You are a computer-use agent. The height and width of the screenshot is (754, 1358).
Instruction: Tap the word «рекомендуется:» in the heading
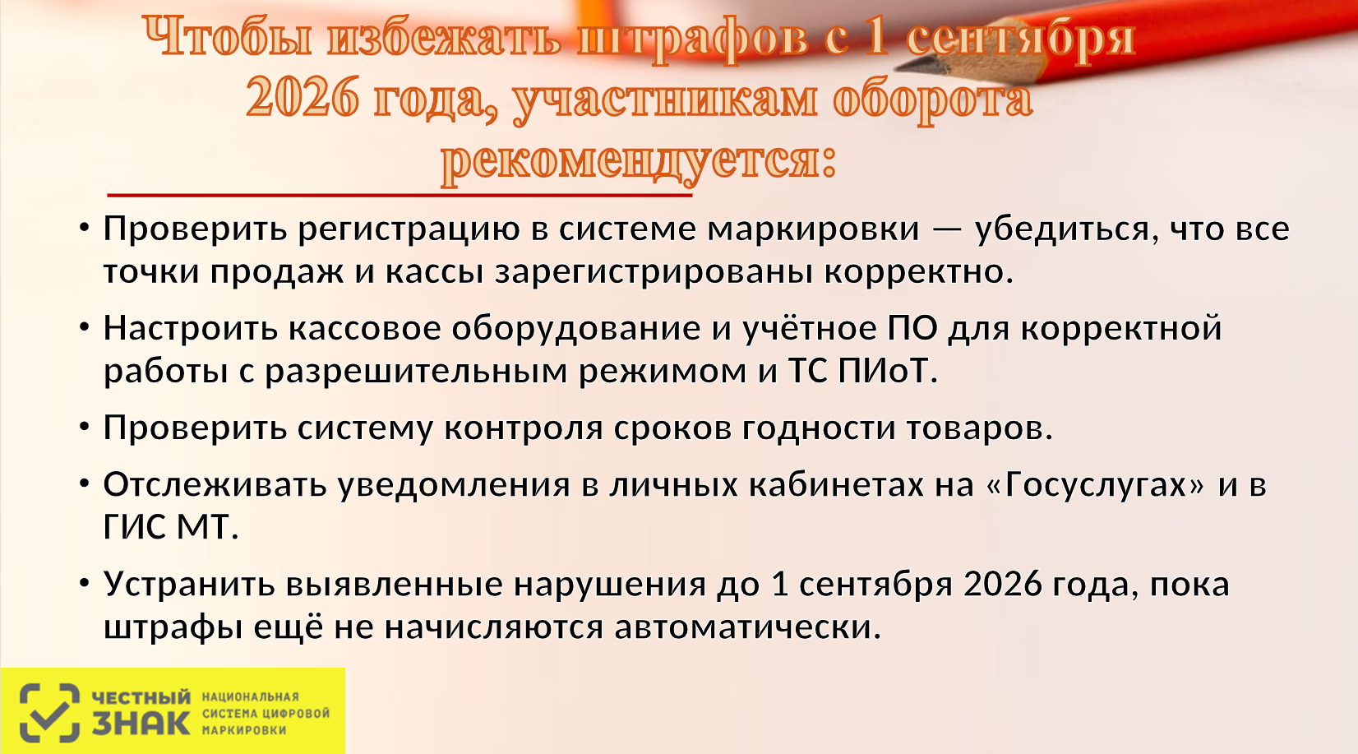click(639, 162)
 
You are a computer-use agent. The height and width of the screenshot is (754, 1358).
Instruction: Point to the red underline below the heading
click(400, 196)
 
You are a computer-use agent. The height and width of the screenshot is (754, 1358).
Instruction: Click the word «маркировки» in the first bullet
click(814, 229)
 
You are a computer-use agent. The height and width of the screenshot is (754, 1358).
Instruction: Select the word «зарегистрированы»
click(654, 272)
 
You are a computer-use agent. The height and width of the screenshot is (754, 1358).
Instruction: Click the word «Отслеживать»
click(215, 484)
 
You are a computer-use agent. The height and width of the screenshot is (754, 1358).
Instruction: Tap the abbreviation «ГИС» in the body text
click(134, 527)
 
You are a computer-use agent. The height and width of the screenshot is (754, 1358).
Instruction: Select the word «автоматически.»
click(747, 627)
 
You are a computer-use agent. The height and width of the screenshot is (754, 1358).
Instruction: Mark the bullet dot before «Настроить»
click(85, 327)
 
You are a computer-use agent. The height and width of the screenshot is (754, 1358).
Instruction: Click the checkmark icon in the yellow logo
click(49, 714)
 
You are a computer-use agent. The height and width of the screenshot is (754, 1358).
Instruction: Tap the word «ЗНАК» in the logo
click(141, 723)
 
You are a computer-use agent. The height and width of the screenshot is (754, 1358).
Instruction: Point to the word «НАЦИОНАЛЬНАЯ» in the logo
click(251, 697)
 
